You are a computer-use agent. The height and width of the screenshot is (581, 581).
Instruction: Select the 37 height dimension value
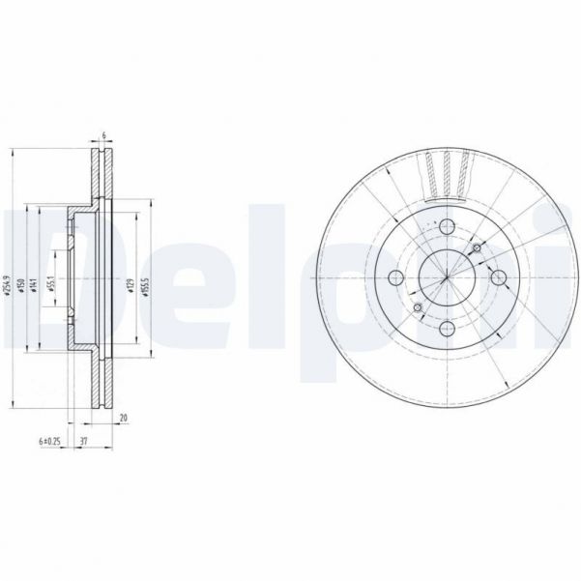click(x=86, y=440)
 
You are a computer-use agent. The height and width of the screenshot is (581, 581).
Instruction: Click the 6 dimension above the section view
click(x=102, y=136)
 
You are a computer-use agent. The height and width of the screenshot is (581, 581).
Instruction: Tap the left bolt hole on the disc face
click(x=394, y=279)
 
